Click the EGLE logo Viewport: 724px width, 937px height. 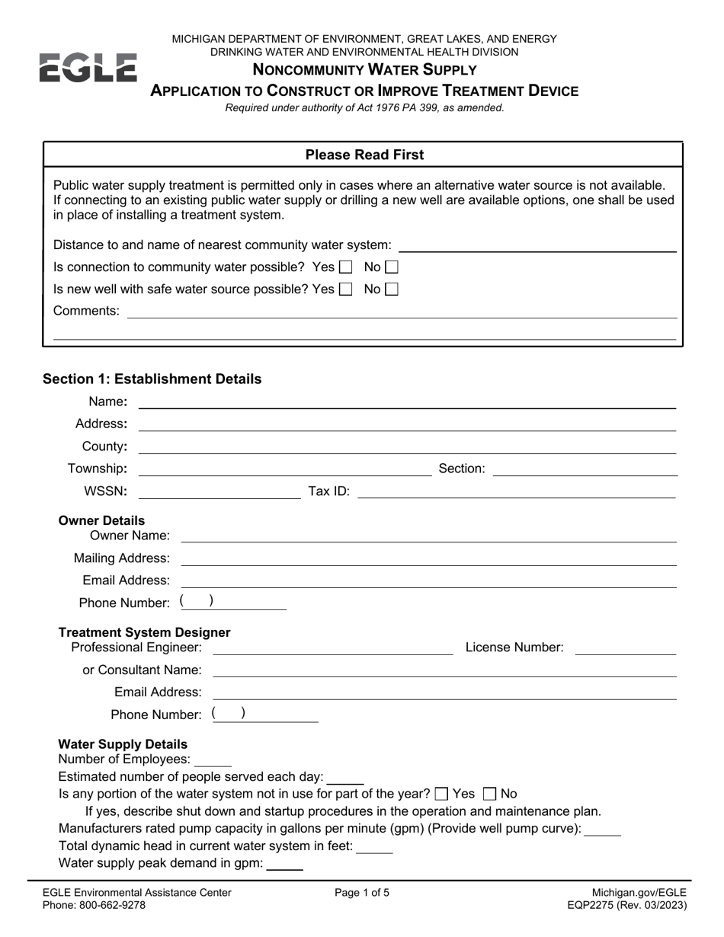coord(88,67)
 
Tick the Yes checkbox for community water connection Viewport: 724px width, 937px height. coord(345,267)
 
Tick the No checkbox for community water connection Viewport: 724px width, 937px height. coord(392,267)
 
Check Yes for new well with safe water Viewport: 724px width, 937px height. coord(345,289)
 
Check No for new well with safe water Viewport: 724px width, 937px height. coord(392,289)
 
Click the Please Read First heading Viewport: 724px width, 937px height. coord(364,155)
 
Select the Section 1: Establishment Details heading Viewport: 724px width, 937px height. coord(152,379)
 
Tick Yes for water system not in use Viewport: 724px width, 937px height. coord(441,794)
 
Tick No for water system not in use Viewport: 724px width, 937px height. coord(489,794)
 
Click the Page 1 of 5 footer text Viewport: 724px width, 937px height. coord(362,893)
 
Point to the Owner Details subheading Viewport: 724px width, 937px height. coord(101,521)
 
